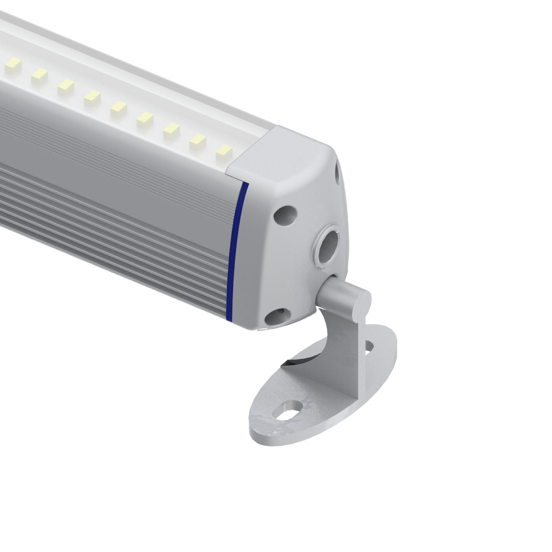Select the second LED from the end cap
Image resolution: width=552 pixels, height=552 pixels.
[197, 140]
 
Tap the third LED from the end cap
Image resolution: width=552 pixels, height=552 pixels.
[171, 129]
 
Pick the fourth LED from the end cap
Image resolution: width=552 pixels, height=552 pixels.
[144, 118]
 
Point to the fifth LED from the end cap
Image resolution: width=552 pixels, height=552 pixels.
[118, 107]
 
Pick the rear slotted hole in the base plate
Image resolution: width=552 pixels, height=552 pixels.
[369, 346]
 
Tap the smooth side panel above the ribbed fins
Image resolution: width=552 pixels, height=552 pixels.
[121, 150]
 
